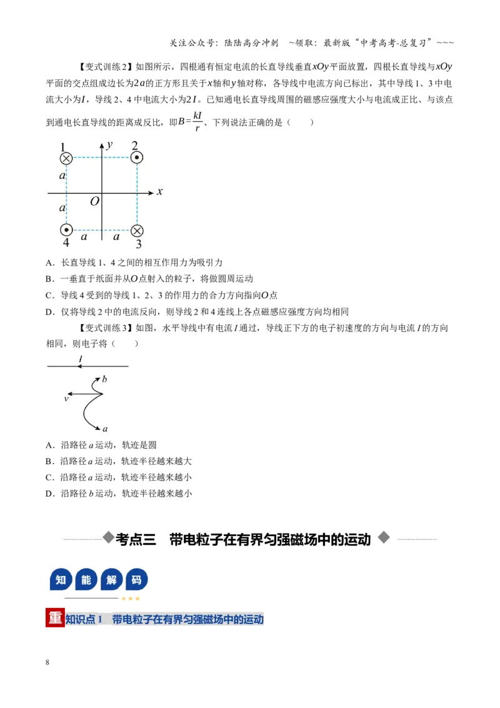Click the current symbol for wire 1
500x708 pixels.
(66, 158)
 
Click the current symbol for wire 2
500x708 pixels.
(137, 158)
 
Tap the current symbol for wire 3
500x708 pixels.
(137, 231)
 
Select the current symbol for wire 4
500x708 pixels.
(66, 230)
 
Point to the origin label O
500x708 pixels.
(94, 201)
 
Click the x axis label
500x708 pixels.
(160, 191)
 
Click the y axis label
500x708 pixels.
(109, 145)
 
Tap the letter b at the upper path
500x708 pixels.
(105, 379)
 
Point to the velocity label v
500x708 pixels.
(66, 398)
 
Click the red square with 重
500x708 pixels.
(55, 618)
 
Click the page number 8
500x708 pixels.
(47, 662)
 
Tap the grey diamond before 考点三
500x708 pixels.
(108, 537)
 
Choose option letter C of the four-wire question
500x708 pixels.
(49, 295)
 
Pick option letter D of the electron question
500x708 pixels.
(49, 493)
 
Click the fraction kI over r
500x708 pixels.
(197, 121)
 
